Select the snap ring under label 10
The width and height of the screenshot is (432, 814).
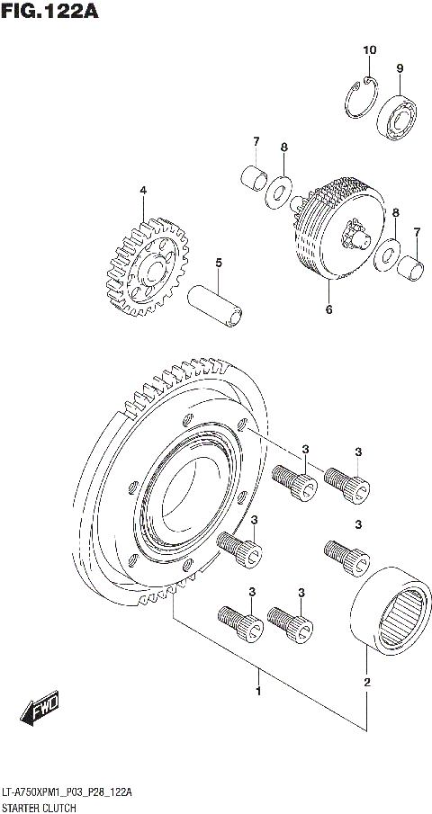360,96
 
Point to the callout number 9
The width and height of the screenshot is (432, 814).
400,68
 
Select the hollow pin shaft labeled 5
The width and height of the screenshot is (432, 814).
216,306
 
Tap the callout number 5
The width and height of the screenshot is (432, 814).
218,263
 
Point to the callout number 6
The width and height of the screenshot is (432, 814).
328,310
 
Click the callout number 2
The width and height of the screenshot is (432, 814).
366,684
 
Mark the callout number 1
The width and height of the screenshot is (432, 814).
258,692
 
